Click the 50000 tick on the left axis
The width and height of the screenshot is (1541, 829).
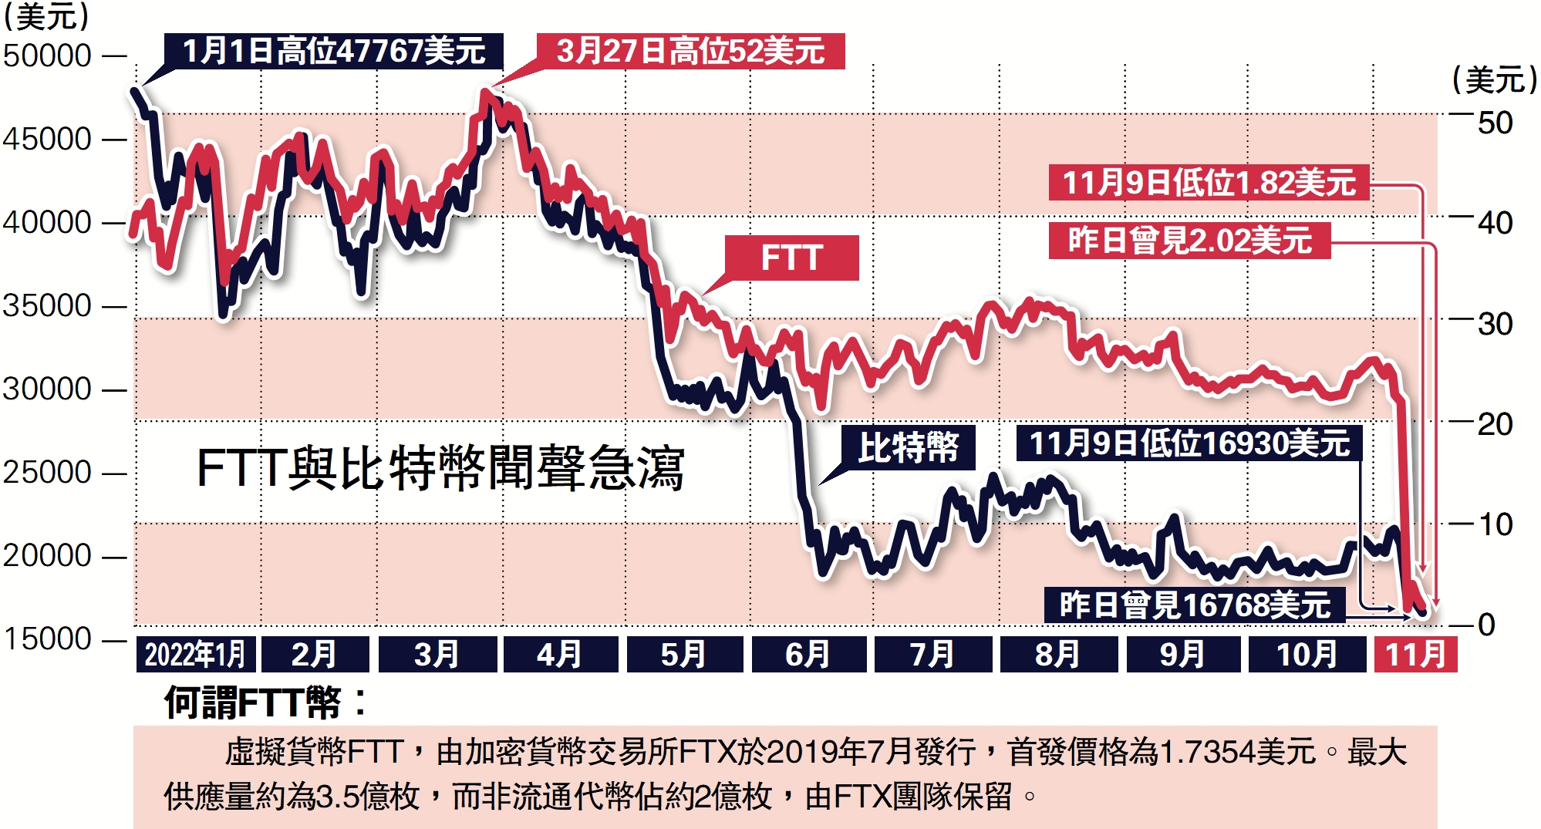pos(48,56)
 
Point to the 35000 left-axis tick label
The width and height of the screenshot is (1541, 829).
pos(48,306)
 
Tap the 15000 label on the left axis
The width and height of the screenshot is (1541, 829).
pos(48,639)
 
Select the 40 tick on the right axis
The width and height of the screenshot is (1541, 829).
pos(1495,224)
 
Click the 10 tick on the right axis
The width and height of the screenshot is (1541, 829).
pos(1495,525)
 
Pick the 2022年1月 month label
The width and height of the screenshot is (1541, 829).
pos(195,655)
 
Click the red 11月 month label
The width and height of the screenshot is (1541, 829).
pos(1415,655)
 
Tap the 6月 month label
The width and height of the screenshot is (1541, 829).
pos(808,655)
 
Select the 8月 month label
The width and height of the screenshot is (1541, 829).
pos(1057,655)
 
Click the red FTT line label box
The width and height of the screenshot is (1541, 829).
pos(791,258)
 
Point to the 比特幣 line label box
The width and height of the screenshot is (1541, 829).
pos(908,447)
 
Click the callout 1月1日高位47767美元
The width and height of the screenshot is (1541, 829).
pos(333,51)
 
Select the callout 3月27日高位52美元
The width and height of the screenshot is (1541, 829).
pos(690,51)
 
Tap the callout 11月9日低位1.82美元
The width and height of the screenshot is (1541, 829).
pos(1209,183)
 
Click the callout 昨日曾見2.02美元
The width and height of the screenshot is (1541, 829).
pos(1189,241)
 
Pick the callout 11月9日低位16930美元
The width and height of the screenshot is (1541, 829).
pos(1189,443)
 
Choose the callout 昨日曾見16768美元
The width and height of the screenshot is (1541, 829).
pos(1195,605)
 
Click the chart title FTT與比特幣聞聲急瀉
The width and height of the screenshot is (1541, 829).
pos(440,468)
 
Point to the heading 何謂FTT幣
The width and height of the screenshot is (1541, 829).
pos(265,703)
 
